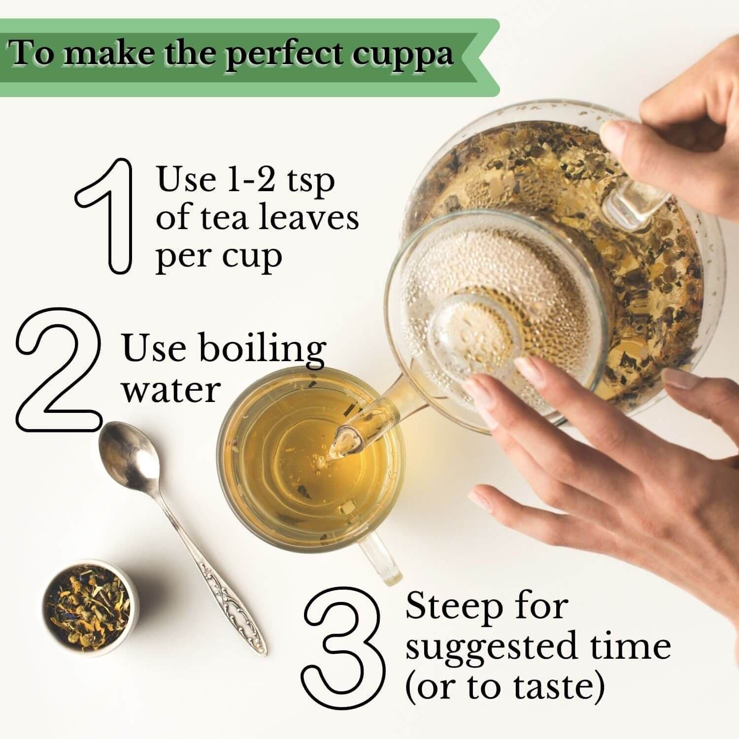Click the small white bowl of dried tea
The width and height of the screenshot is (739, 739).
(90, 607)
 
